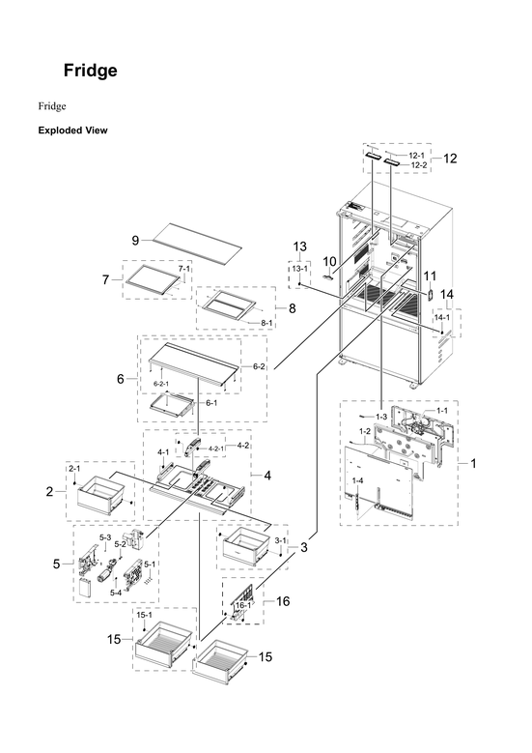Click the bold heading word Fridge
pos(91,71)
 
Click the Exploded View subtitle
pos(72,130)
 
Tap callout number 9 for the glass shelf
pos(136,240)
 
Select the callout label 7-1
pos(184,267)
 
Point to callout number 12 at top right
pos(449,159)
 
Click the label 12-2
pos(418,165)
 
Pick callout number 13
pos(299,246)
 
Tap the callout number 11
pos(430,275)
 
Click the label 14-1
pos(441,316)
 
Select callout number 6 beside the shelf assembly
pos(121,379)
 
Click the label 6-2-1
pos(162,384)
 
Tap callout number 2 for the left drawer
pos(49,492)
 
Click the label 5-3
pos(106,536)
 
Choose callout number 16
pos(283,600)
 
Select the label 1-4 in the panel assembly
pos(357,480)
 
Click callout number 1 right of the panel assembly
pos(472,463)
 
